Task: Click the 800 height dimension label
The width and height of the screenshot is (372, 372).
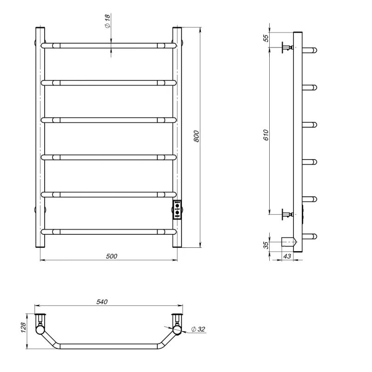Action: pos(196,136)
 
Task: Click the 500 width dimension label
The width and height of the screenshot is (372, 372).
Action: pos(112,256)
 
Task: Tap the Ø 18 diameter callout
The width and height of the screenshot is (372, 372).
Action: pos(107,21)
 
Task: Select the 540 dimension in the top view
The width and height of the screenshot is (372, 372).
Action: pos(102,302)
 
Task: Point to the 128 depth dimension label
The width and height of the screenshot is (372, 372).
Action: pos(23,327)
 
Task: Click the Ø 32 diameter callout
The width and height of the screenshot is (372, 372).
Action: pos(198,329)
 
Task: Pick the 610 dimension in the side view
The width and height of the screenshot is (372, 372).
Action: pos(266,135)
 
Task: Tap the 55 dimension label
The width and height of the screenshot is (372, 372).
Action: pos(266,38)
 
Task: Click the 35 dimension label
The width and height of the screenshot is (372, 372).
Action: pos(266,245)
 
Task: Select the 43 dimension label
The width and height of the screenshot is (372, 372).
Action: pos(287,256)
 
